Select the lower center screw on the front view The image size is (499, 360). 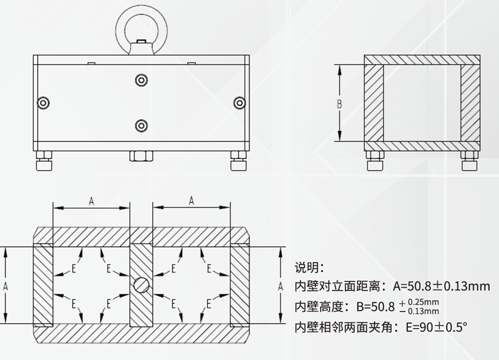(140, 125)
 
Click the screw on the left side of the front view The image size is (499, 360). (43, 102)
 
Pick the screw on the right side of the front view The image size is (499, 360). (238, 102)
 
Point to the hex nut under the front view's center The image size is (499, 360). (140, 155)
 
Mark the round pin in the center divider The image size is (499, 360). (141, 285)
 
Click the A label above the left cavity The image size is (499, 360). (91, 200)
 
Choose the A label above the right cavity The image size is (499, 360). (191, 200)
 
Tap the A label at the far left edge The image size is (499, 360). (6, 285)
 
